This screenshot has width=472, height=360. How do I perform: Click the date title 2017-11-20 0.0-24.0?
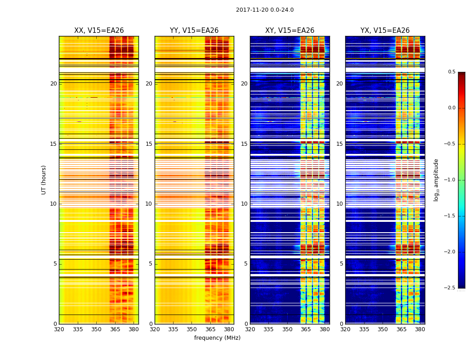pos(265,10)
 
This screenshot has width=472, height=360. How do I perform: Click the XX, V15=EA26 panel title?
pos(99,31)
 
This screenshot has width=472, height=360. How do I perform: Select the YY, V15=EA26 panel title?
pos(194,31)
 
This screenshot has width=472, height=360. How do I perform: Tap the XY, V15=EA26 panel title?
pos(289,31)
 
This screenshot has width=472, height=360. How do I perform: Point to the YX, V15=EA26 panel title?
pos(385,31)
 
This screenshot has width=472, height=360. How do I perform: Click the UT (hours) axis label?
pos(44,180)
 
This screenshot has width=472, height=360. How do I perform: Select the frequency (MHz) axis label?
pos(217,338)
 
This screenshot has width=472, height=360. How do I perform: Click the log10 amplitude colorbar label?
pos(436,180)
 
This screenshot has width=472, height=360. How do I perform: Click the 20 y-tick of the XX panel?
pos(53,84)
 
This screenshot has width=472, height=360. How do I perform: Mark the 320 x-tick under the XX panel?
pos(59,329)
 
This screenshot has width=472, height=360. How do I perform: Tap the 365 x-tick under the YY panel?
pos(210,329)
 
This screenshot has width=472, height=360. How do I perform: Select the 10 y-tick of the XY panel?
pos(244,204)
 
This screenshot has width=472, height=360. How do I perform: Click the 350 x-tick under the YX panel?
pos(383,329)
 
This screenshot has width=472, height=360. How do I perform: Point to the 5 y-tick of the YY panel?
pos(151,264)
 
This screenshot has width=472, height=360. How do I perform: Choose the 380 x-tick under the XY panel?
pos(325,329)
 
